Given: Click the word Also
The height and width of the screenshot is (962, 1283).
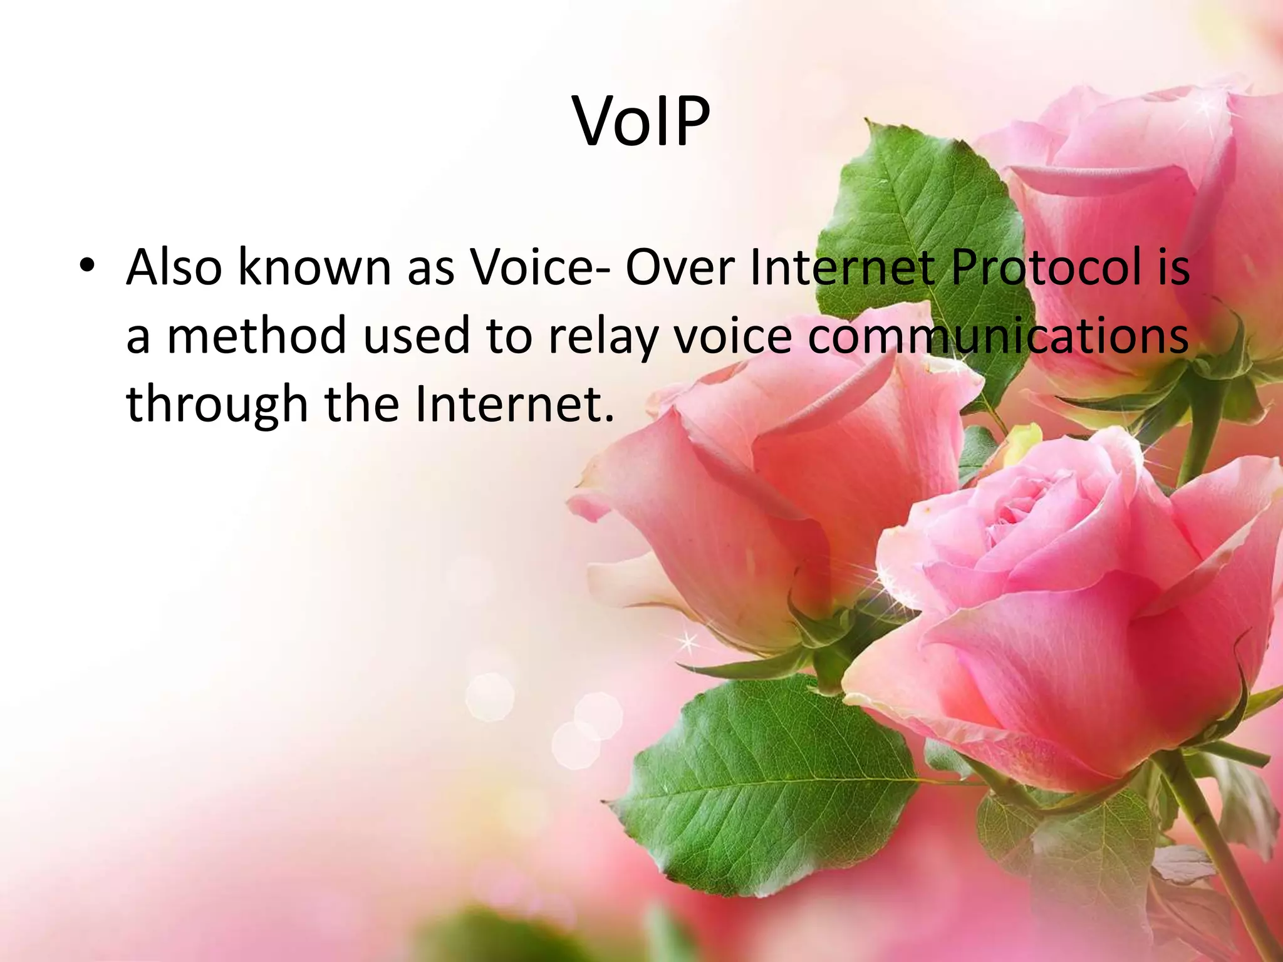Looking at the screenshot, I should [x=174, y=267].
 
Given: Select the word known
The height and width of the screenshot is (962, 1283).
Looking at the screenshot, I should [x=314, y=267].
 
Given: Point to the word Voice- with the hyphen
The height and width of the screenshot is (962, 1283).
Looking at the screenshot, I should [x=540, y=267].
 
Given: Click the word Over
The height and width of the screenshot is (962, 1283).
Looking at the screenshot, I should [x=680, y=267].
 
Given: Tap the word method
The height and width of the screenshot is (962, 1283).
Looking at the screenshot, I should [x=257, y=334].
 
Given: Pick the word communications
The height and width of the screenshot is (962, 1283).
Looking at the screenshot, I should [x=997, y=334].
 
